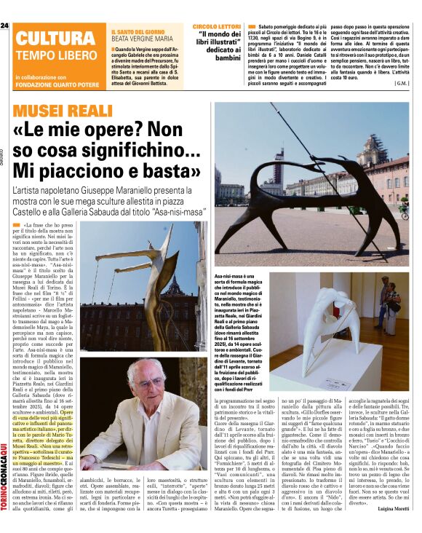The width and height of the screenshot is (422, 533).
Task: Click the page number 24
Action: click(x=5, y=25)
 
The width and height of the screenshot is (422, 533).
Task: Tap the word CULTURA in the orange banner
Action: click(x=49, y=39)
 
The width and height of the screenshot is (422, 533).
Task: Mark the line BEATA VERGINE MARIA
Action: click(x=141, y=41)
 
